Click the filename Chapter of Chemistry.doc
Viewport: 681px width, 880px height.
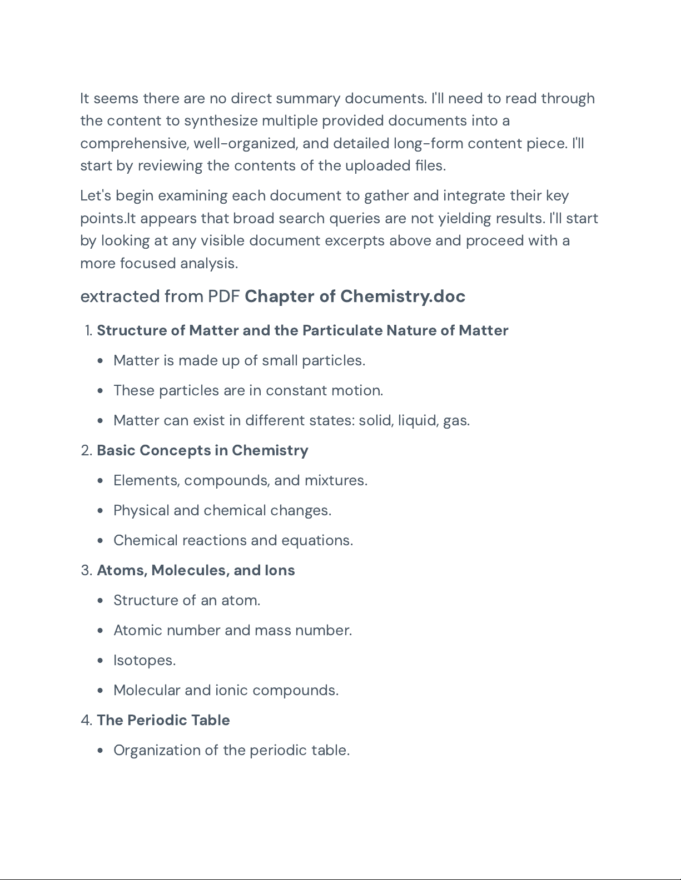[x=355, y=296]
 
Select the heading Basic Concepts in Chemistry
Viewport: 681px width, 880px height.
[x=202, y=450]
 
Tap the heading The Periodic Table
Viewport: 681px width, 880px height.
[x=163, y=720]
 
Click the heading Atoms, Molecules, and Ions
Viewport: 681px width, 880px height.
[x=196, y=570]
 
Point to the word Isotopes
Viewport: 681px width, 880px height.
[x=144, y=660]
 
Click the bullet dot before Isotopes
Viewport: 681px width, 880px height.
[x=100, y=661]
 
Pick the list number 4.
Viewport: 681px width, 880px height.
[x=86, y=720]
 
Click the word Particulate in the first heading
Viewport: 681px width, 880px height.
[x=342, y=330]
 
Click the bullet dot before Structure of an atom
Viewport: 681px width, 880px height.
[x=100, y=601]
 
